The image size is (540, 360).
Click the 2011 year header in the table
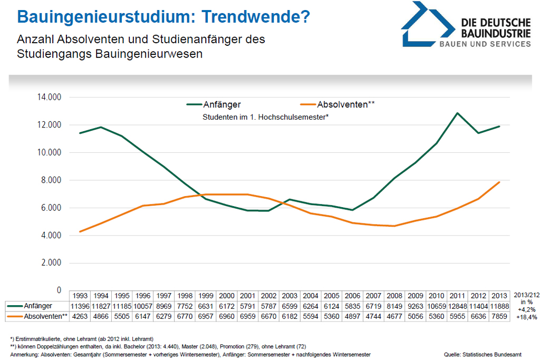(x=458, y=295)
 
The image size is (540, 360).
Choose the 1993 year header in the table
(x=80, y=295)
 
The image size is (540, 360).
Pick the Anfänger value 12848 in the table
(x=458, y=306)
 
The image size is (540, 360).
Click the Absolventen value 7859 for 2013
(x=498, y=316)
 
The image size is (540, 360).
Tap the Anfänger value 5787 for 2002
(x=268, y=306)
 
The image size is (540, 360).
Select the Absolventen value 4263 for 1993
(x=80, y=316)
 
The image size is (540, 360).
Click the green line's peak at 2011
(x=458, y=113)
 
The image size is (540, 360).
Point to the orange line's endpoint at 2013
(x=498, y=182)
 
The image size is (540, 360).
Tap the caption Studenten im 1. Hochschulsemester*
(x=266, y=116)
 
